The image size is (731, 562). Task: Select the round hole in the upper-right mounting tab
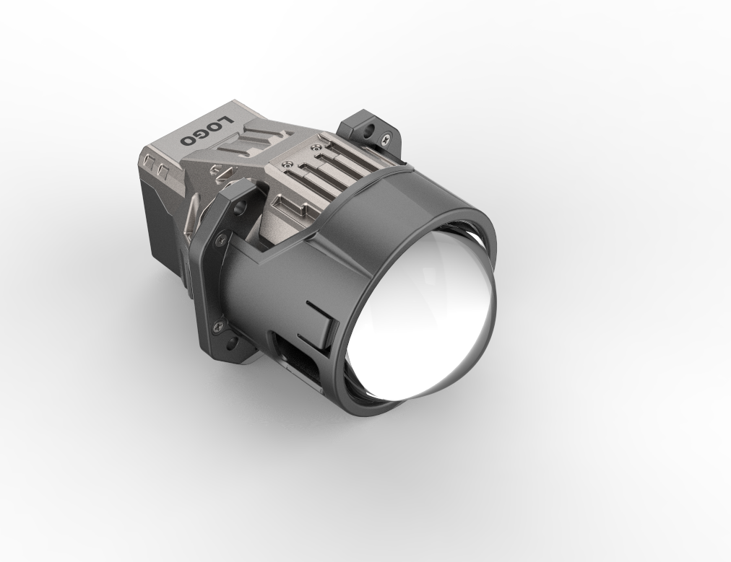coord(371,128)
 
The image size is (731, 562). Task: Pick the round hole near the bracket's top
coord(241,206)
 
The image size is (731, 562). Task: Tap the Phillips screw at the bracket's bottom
coord(218,326)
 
